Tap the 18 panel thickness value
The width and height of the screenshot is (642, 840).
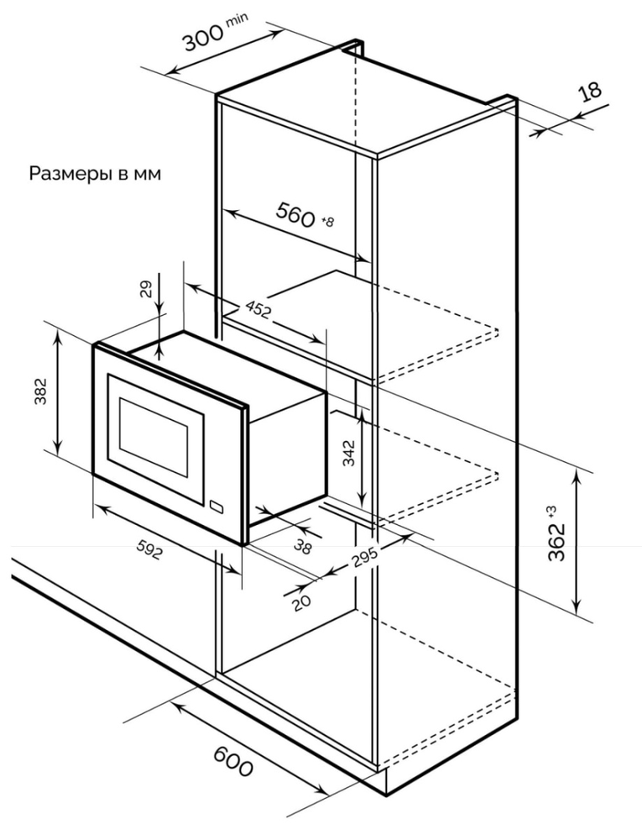coord(592,91)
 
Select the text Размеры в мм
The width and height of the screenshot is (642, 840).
coord(95,174)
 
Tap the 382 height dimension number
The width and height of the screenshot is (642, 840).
coord(40,392)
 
